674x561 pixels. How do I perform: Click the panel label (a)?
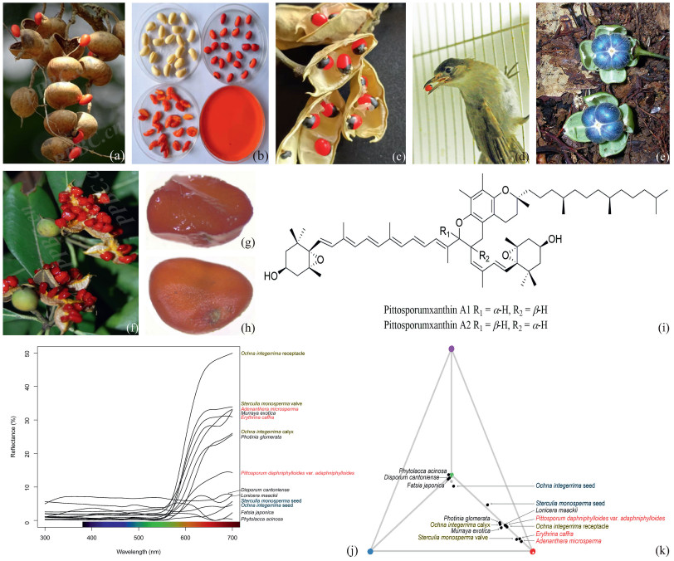(116, 155)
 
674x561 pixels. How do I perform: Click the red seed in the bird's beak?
(428, 85)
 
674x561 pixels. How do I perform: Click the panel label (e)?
(662, 155)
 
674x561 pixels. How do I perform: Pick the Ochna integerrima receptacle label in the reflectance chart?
(271, 354)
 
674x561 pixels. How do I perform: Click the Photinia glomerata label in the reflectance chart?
(259, 437)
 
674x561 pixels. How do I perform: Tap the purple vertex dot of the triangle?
(452, 349)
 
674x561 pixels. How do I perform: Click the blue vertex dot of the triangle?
(371, 550)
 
